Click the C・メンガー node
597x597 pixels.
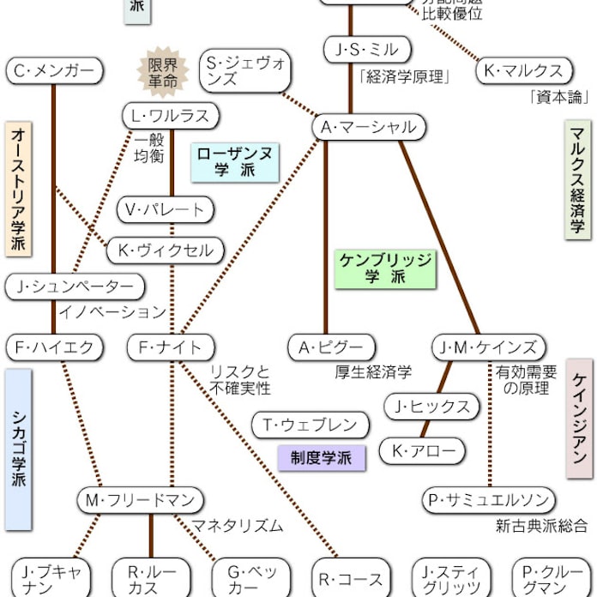[54, 71]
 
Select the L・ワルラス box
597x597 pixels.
[171, 116]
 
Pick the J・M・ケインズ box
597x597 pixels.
[488, 347]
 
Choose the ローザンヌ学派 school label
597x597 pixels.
[235, 161]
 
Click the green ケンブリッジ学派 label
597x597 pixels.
[385, 268]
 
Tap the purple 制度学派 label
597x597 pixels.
[321, 457]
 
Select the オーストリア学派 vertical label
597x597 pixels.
[19, 189]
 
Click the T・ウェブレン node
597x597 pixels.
[310, 425]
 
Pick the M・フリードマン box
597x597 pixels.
[140, 500]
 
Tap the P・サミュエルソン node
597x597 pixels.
[488, 500]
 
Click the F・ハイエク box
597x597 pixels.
[54, 347]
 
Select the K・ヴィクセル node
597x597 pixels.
[166, 250]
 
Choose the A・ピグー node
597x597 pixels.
[331, 347]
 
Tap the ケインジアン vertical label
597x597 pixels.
[580, 419]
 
